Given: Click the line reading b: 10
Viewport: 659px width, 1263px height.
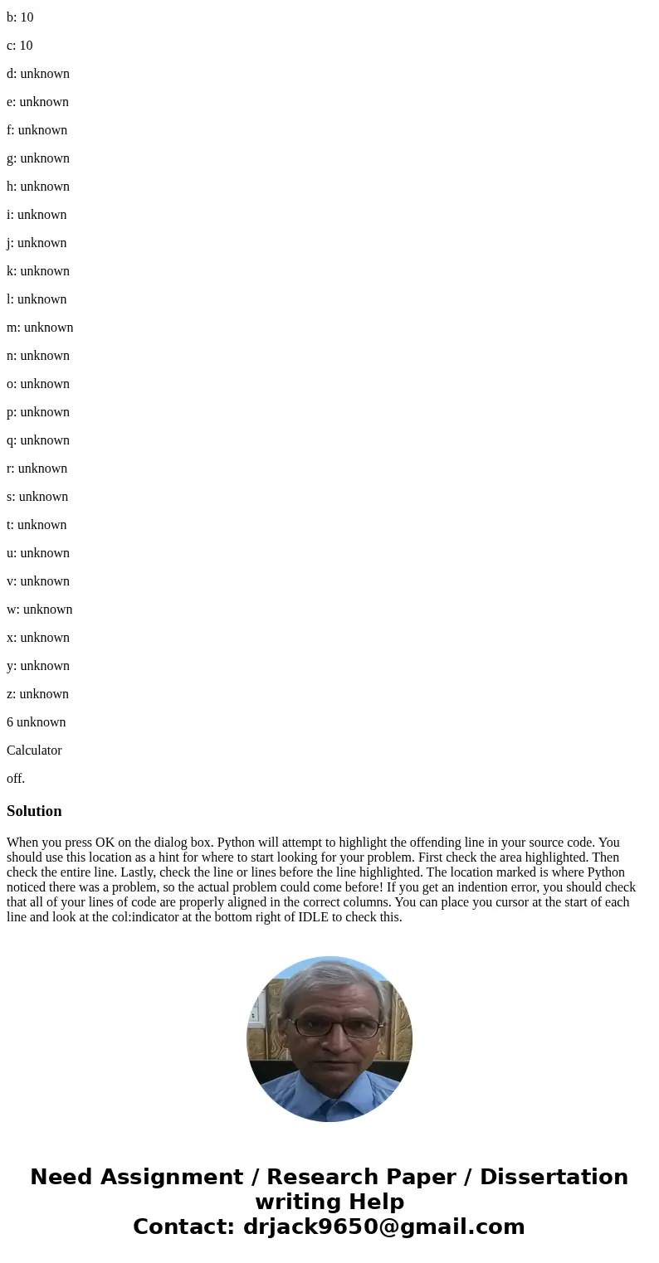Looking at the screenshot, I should [20, 17].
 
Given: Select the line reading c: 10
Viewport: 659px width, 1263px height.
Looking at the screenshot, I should [20, 46].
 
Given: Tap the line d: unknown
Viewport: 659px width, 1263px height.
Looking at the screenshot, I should [38, 74].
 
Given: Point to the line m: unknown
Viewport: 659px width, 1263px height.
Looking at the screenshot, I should [40, 328].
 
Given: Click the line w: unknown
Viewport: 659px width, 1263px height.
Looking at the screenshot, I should [40, 610].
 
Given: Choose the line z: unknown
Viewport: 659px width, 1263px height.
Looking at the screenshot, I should [37, 694].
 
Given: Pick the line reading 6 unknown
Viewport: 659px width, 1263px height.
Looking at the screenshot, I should [36, 722].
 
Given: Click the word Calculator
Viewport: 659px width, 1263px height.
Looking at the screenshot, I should [34, 751].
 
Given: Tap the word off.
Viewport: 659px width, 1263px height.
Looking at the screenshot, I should [16, 779].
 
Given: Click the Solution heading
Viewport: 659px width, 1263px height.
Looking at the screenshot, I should [34, 811].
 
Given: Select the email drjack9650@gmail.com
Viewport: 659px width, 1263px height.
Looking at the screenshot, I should [383, 1227].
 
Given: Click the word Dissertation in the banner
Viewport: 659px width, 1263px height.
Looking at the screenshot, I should [554, 1177].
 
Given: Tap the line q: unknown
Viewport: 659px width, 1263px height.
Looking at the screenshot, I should [38, 440].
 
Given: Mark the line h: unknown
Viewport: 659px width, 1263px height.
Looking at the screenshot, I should [38, 187].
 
